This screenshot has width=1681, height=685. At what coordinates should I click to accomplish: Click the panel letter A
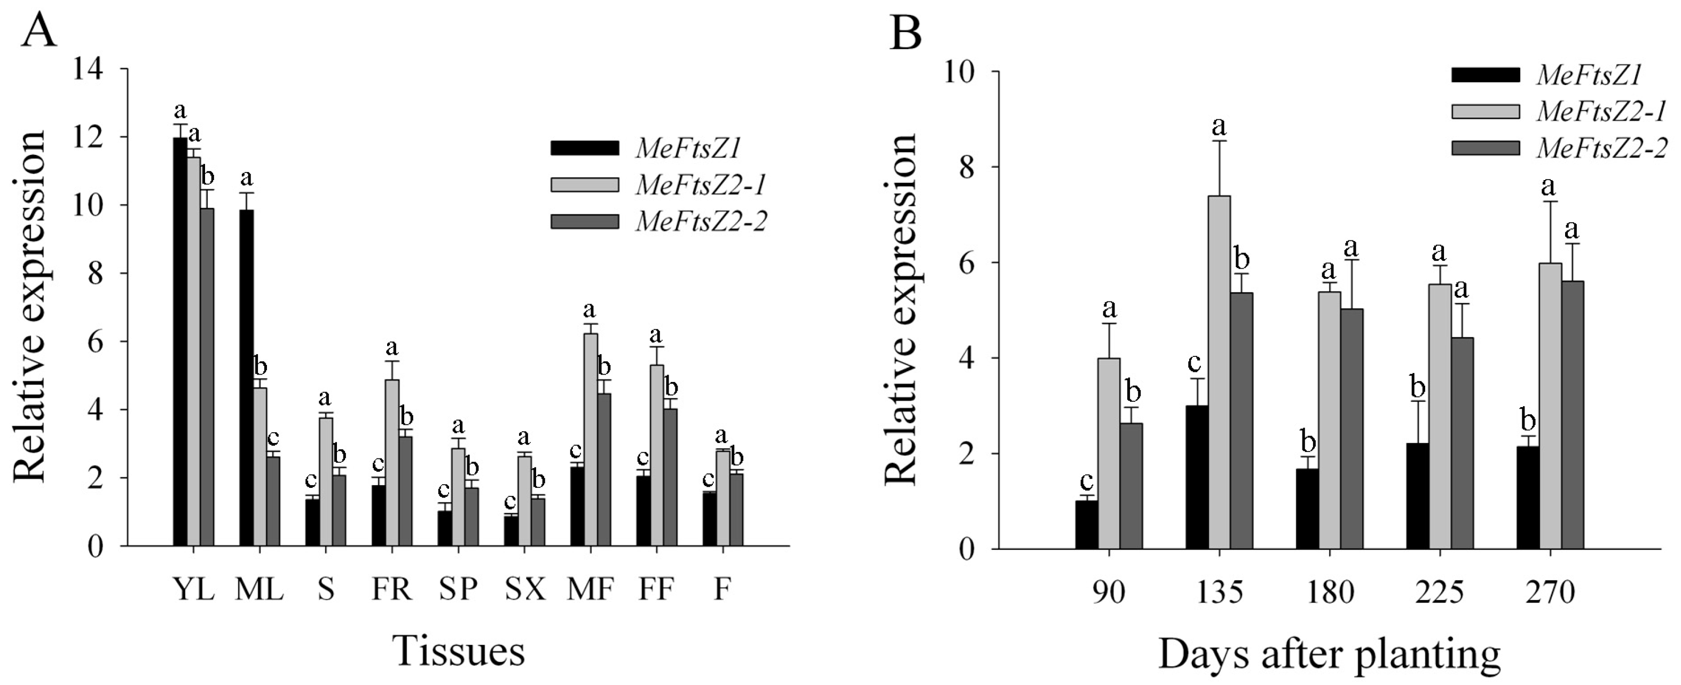pos(38,29)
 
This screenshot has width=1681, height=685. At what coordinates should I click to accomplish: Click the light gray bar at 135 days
pos(1219,372)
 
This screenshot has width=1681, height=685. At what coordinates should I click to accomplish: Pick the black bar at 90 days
pos(1087,524)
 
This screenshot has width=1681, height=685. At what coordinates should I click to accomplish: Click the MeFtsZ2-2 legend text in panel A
pos(701,221)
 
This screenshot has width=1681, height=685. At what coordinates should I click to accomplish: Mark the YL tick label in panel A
pos(194,590)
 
